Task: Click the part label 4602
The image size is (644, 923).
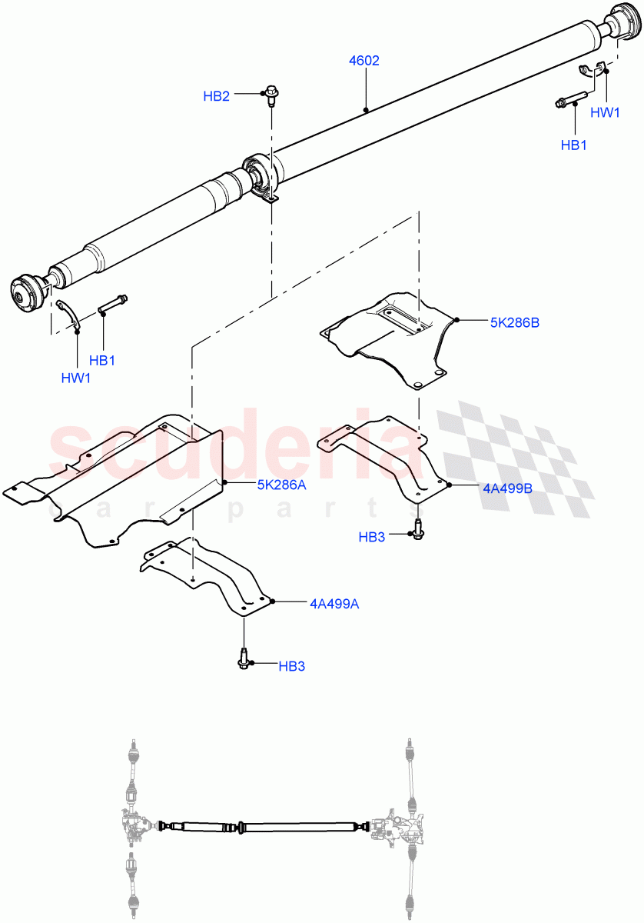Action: coord(364,61)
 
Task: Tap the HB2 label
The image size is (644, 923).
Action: coord(216,96)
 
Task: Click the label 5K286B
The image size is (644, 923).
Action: coord(514,323)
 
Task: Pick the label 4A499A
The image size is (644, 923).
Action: coord(334,604)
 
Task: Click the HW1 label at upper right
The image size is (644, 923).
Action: coord(605,112)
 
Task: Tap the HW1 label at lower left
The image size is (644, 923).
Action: coord(76,377)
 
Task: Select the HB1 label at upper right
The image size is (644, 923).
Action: coord(573,145)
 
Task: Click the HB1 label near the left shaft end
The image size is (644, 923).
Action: coord(102,359)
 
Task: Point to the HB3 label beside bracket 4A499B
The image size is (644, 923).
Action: coord(372,537)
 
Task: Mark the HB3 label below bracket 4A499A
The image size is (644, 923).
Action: coord(292,666)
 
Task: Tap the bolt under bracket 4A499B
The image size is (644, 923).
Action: coord(417,528)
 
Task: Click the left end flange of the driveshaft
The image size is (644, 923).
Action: coord(29,293)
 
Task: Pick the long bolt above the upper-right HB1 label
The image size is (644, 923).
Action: coord(570,99)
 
